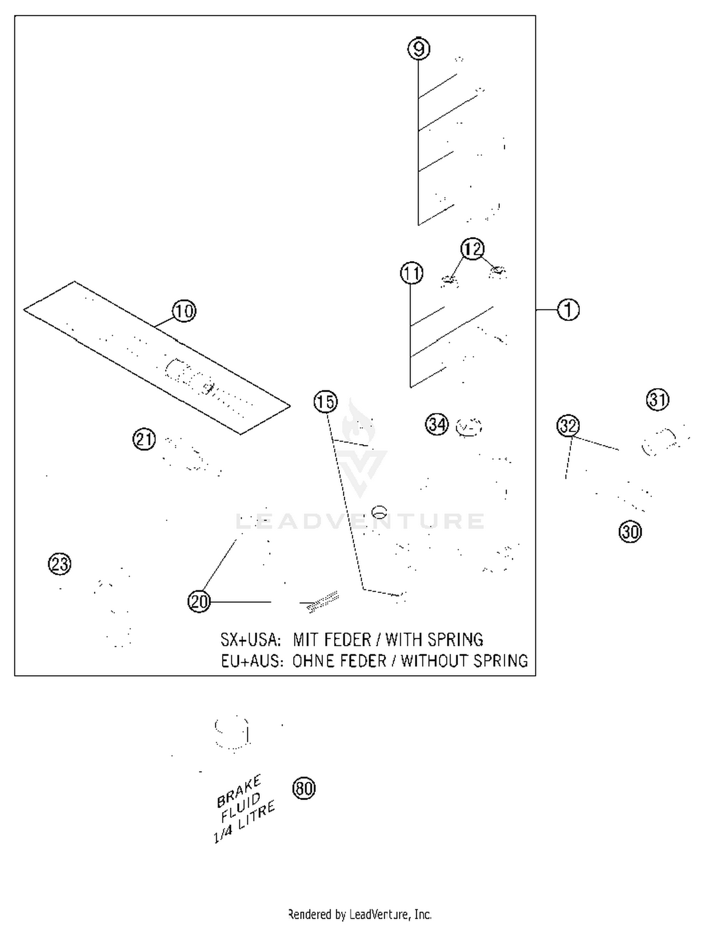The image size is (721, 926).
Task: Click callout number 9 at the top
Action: tap(419, 49)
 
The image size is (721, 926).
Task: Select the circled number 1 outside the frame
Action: tap(568, 310)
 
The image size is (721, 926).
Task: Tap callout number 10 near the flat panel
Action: tap(184, 311)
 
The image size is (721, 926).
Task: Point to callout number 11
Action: tap(411, 273)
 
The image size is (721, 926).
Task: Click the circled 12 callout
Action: tap(472, 249)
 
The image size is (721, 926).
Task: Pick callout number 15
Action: tap(325, 402)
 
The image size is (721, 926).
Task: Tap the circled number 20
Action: tap(199, 602)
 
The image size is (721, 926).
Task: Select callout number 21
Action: tap(144, 439)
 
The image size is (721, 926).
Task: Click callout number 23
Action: tap(60, 564)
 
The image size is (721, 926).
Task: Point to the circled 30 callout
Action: tap(630, 532)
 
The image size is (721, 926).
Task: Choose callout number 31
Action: tap(658, 400)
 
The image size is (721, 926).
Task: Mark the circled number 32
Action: tap(568, 426)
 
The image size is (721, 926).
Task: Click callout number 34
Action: tap(437, 425)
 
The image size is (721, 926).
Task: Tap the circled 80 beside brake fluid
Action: tap(304, 789)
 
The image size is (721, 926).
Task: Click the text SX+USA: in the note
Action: tap(250, 640)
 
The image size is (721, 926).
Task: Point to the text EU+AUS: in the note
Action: tap(251, 661)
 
